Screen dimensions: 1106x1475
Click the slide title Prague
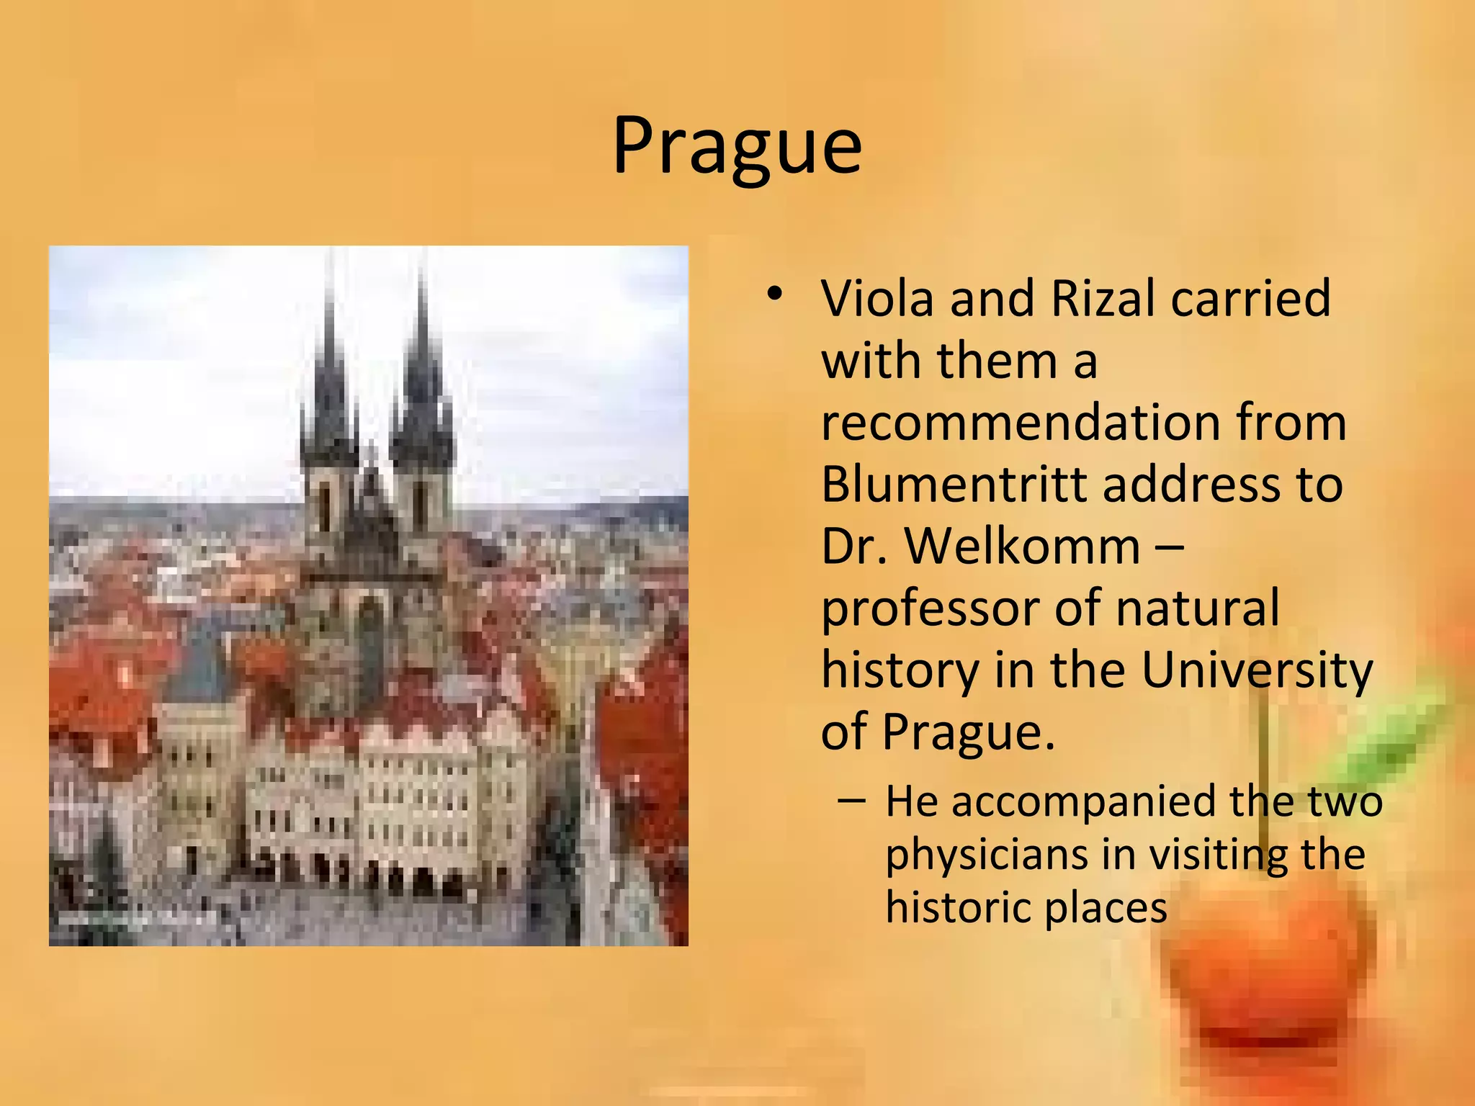click(x=737, y=147)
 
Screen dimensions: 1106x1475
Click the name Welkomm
click(x=1023, y=546)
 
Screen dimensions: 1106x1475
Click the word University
click(x=1257, y=671)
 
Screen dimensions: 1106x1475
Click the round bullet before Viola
click(x=774, y=295)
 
